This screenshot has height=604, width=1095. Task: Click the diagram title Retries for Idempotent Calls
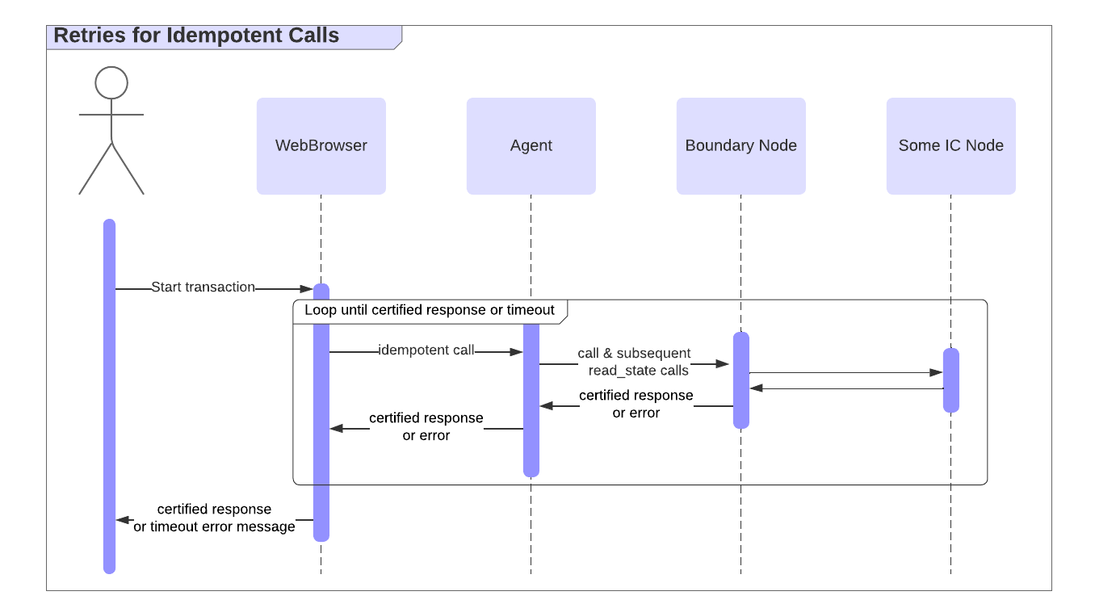point(196,36)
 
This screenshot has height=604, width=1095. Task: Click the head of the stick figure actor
point(111,83)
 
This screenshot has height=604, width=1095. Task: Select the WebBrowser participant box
point(321,146)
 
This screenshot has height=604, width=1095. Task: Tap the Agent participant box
point(531,146)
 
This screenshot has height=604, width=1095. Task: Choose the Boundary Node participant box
point(740,146)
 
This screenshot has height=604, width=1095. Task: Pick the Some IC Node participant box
point(950,146)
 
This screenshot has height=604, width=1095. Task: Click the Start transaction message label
point(203,287)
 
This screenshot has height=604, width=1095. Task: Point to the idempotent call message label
point(426,350)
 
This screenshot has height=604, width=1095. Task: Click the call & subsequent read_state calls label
point(635,363)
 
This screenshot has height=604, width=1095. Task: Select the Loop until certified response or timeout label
point(429,311)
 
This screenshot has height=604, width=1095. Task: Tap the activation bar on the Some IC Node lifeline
point(950,380)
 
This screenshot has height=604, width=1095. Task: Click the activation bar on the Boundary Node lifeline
point(740,380)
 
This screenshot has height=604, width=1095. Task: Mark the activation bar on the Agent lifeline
point(531,404)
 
